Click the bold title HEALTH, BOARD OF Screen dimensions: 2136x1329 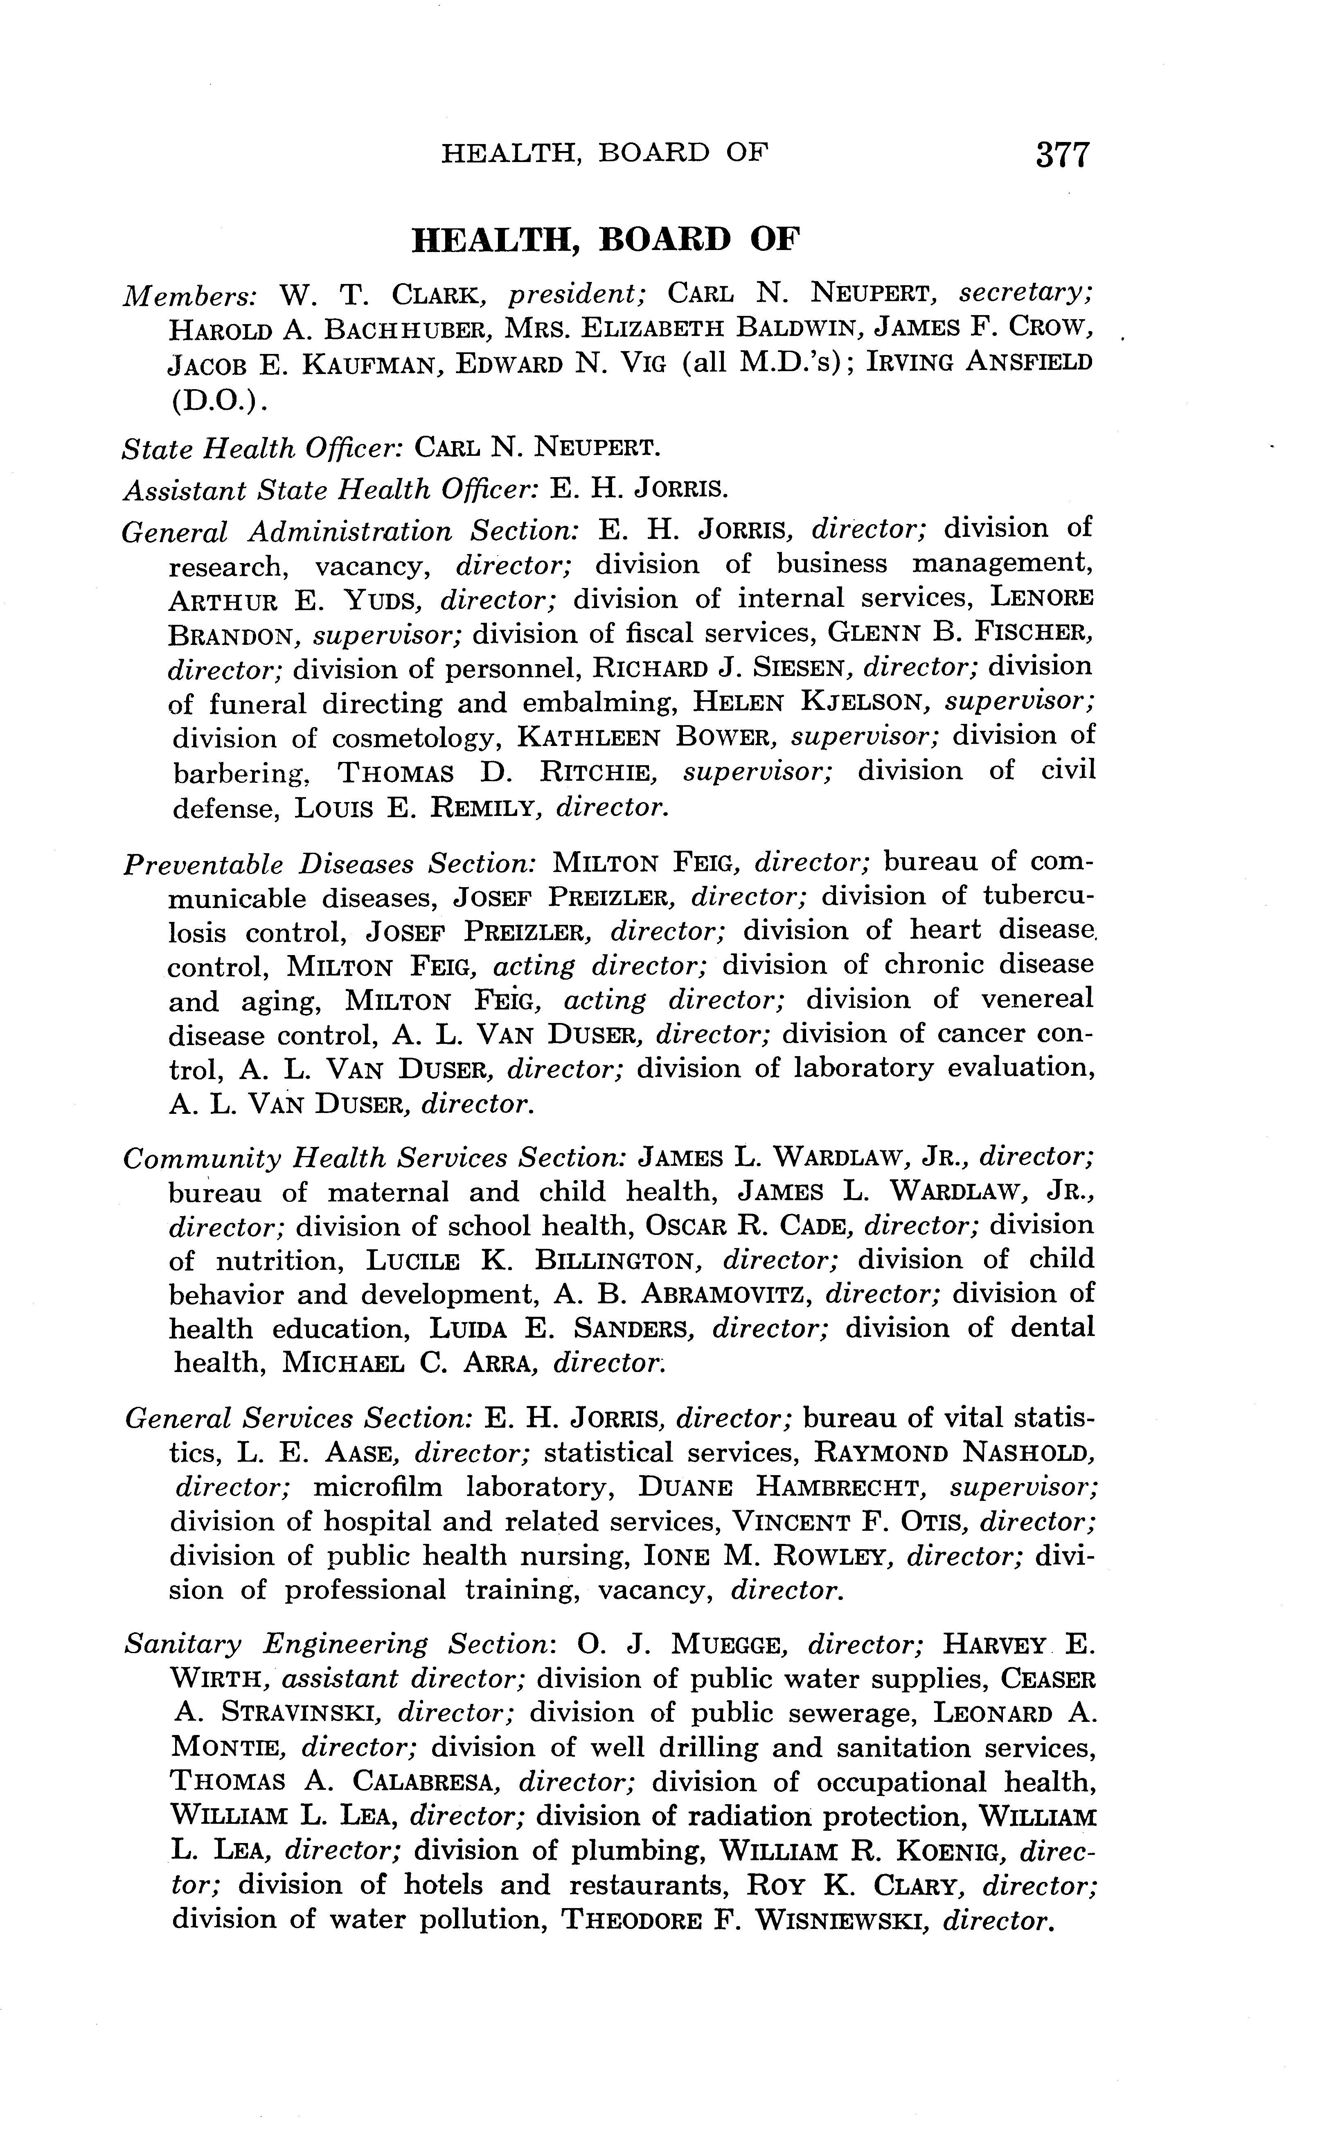(x=606, y=239)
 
